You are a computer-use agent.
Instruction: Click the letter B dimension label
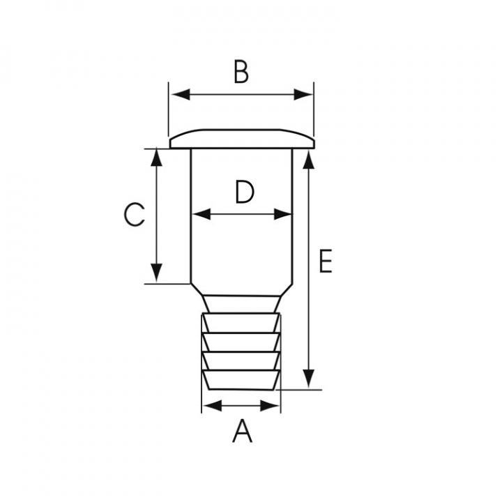tap(241, 71)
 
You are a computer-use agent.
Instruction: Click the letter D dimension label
tap(245, 192)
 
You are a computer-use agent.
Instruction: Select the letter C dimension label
tap(135, 215)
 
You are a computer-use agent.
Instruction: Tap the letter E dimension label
tap(326, 261)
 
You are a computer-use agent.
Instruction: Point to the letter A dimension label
tap(243, 432)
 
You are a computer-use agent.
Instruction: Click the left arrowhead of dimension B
tap(181, 95)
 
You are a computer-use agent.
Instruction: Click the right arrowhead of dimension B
tap(303, 95)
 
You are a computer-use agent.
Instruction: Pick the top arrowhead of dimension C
tap(157, 158)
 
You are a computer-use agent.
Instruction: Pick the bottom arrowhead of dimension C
tap(157, 273)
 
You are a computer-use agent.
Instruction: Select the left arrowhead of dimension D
tap(202, 214)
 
